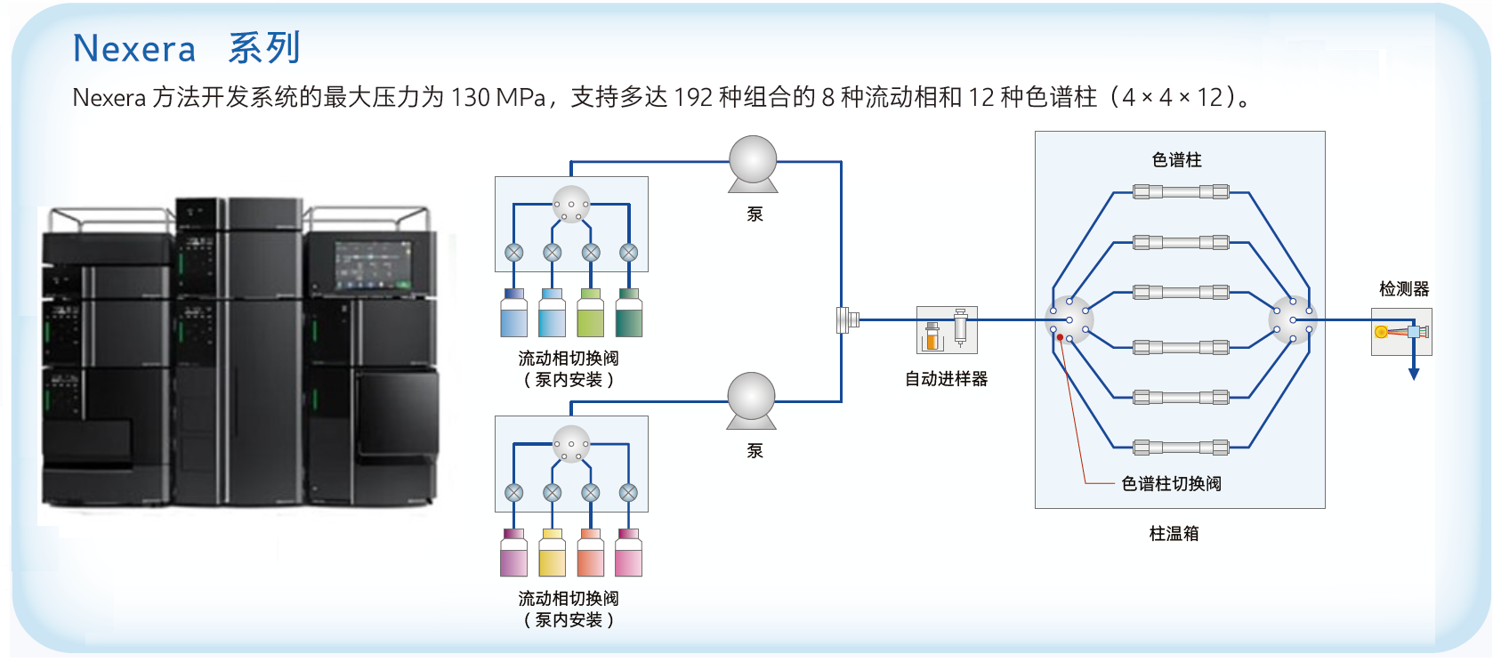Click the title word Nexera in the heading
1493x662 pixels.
pyautogui.click(x=134, y=49)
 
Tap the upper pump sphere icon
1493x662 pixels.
pyautogui.click(x=753, y=160)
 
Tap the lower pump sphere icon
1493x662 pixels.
pyautogui.click(x=751, y=396)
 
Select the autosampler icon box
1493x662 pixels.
pyautogui.click(x=947, y=330)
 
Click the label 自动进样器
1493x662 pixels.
pyautogui.click(x=946, y=379)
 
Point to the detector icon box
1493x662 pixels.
pyautogui.click(x=1400, y=332)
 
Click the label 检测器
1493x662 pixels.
pyautogui.click(x=1404, y=289)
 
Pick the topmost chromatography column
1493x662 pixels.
pyautogui.click(x=1181, y=191)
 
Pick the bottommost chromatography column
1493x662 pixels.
pyautogui.click(x=1181, y=448)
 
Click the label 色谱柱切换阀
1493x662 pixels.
pyautogui.click(x=1171, y=484)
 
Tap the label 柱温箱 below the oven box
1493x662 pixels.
pyautogui.click(x=1174, y=534)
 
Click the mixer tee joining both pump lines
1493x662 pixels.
pyautogui.click(x=845, y=319)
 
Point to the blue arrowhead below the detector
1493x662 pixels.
pyautogui.click(x=1414, y=374)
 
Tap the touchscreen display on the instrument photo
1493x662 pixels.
pyautogui.click(x=373, y=264)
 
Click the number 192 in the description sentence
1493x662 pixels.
pyautogui.click(x=692, y=97)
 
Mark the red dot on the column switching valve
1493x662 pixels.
pyautogui.click(x=1060, y=338)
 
